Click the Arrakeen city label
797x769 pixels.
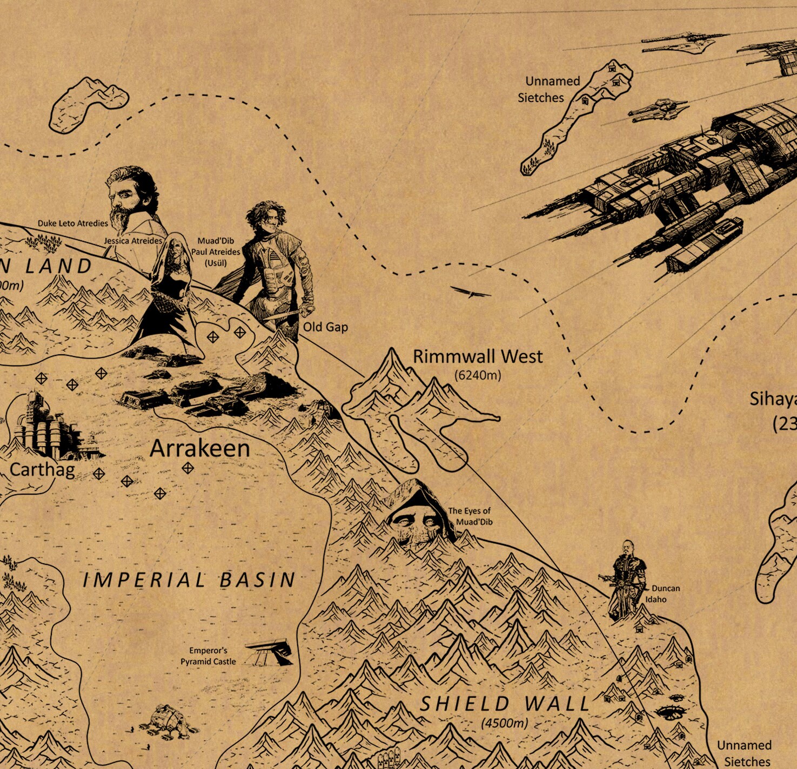[x=199, y=449]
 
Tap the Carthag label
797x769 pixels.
[x=42, y=469]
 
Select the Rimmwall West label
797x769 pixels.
[x=478, y=356]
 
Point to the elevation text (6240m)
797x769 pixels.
[x=478, y=375]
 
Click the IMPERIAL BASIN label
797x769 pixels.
[x=189, y=580]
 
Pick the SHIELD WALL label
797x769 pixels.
[x=505, y=704]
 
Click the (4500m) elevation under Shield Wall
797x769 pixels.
[x=504, y=723]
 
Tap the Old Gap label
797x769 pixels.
[x=325, y=327]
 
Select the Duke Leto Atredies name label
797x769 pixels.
[x=72, y=223]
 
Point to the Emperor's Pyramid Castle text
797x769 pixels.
[x=208, y=656]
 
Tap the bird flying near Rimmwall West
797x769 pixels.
[x=472, y=293]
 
